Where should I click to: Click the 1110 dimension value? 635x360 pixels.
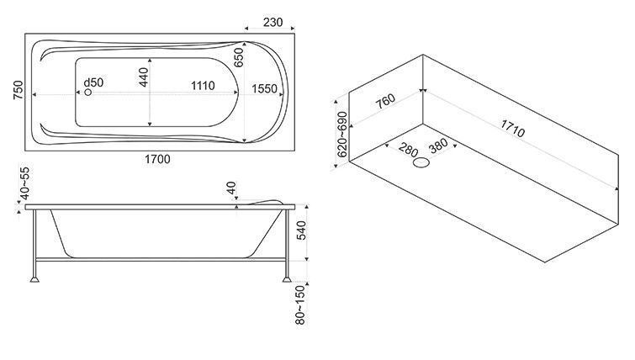coord(202,86)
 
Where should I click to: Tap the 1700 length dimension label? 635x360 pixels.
coord(157,159)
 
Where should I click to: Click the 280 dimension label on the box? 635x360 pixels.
coord(407,151)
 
